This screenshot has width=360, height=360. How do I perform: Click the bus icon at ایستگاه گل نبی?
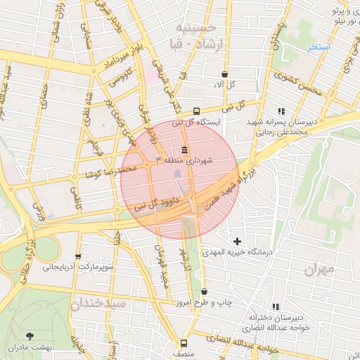pos(196,110)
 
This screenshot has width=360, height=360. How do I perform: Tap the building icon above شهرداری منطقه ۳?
pos(184,150)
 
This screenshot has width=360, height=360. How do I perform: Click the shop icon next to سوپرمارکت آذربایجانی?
pos(78,257)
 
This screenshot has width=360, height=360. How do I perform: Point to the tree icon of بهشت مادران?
pos(29,337)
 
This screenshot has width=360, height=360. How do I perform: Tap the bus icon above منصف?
pos(184,344)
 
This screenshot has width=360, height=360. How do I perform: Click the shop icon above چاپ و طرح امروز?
pos(205,292)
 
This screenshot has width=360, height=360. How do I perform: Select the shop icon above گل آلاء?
pos(224,74)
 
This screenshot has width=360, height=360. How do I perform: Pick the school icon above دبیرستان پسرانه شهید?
pos(282,111)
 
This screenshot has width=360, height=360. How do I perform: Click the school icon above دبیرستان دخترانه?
pos(276,307)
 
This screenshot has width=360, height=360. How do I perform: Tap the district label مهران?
pos(321,269)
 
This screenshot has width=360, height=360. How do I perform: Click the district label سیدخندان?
pos(98,304)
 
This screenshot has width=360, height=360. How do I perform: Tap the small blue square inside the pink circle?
pos(176,173)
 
